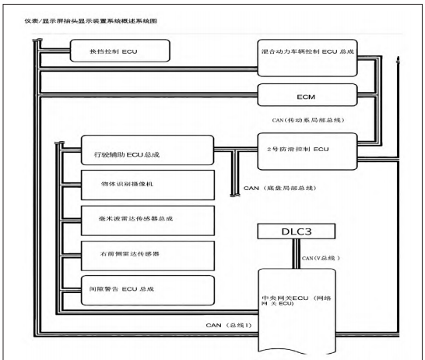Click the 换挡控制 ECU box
tap(120, 51)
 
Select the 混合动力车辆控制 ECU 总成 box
tap(307, 58)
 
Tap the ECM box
tap(307, 95)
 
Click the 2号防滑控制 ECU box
tap(307, 151)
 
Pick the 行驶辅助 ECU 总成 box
tap(147, 150)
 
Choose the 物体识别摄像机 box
tap(148, 185)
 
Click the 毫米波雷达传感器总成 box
tap(148, 221)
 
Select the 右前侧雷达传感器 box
tap(148, 256)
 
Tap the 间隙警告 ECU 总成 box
tap(148, 291)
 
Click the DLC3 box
tap(297, 231)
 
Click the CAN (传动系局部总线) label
tap(308, 120)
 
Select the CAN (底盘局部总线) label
tap(279, 188)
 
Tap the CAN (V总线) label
tap(321, 258)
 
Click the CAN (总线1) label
tap(229, 325)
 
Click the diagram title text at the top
tap(91, 21)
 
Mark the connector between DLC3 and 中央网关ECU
tap(297, 254)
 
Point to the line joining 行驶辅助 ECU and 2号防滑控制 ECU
tap(236, 149)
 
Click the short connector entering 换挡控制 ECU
tap(54, 51)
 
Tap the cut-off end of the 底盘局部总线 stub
tap(235, 195)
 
